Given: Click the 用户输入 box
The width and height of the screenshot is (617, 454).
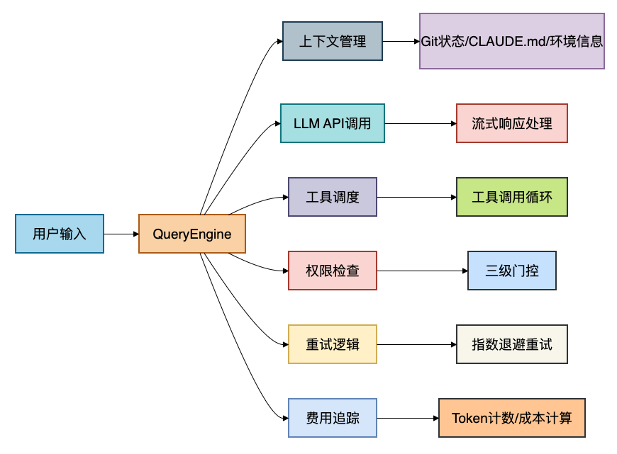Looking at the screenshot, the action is (60, 234).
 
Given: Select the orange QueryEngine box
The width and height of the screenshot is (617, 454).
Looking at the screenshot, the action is (192, 234).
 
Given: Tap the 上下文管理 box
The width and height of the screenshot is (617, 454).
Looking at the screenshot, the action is (333, 41).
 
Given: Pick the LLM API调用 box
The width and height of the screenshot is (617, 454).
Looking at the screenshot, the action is (333, 123).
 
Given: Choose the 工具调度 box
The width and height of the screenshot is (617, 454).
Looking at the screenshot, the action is (333, 197).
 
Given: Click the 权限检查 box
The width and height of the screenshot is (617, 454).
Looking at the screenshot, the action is (333, 271).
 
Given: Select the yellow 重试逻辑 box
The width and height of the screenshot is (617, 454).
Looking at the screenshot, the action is (333, 344).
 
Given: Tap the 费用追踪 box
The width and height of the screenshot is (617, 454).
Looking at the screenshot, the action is (333, 418).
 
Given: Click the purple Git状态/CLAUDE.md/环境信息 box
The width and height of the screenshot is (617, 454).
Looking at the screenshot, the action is (512, 41).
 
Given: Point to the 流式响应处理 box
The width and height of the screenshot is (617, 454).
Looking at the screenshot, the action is (512, 123).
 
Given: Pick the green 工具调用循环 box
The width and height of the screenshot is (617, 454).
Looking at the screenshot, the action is (512, 197).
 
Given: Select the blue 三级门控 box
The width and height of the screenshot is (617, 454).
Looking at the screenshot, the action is (512, 271).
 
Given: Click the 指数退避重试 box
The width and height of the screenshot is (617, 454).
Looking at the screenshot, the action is (512, 344).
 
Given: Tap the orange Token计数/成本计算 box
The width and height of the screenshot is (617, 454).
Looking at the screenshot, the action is (512, 418).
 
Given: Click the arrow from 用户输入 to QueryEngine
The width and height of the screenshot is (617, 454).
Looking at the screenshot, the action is (121, 234).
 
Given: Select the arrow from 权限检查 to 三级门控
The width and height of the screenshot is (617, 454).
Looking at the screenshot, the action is (422, 271).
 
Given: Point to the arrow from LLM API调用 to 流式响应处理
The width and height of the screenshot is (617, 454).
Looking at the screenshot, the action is (421, 123).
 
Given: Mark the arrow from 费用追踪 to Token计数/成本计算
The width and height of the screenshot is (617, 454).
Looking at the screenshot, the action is (408, 418).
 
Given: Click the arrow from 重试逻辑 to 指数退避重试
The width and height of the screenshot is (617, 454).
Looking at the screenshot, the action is (417, 344).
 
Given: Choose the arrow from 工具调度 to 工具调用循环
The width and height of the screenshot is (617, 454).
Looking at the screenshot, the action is (417, 197).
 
